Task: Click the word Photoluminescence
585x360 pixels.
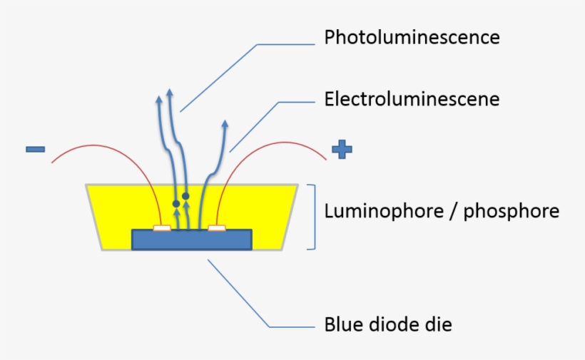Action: tap(412, 37)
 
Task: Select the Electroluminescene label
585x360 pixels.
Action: tap(412, 98)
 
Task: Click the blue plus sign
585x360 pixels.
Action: tap(342, 149)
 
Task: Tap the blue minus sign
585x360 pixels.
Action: tap(35, 149)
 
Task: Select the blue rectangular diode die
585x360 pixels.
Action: tap(191, 241)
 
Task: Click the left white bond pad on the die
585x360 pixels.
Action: tap(162, 228)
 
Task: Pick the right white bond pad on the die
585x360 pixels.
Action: tap(216, 228)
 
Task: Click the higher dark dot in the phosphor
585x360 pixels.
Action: tap(185, 195)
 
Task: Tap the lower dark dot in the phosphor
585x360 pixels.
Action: tap(176, 204)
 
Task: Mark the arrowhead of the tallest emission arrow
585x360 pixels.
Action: tap(169, 93)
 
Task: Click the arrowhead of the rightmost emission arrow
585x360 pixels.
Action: tap(225, 125)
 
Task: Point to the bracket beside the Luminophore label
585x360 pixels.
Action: tap(312, 217)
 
